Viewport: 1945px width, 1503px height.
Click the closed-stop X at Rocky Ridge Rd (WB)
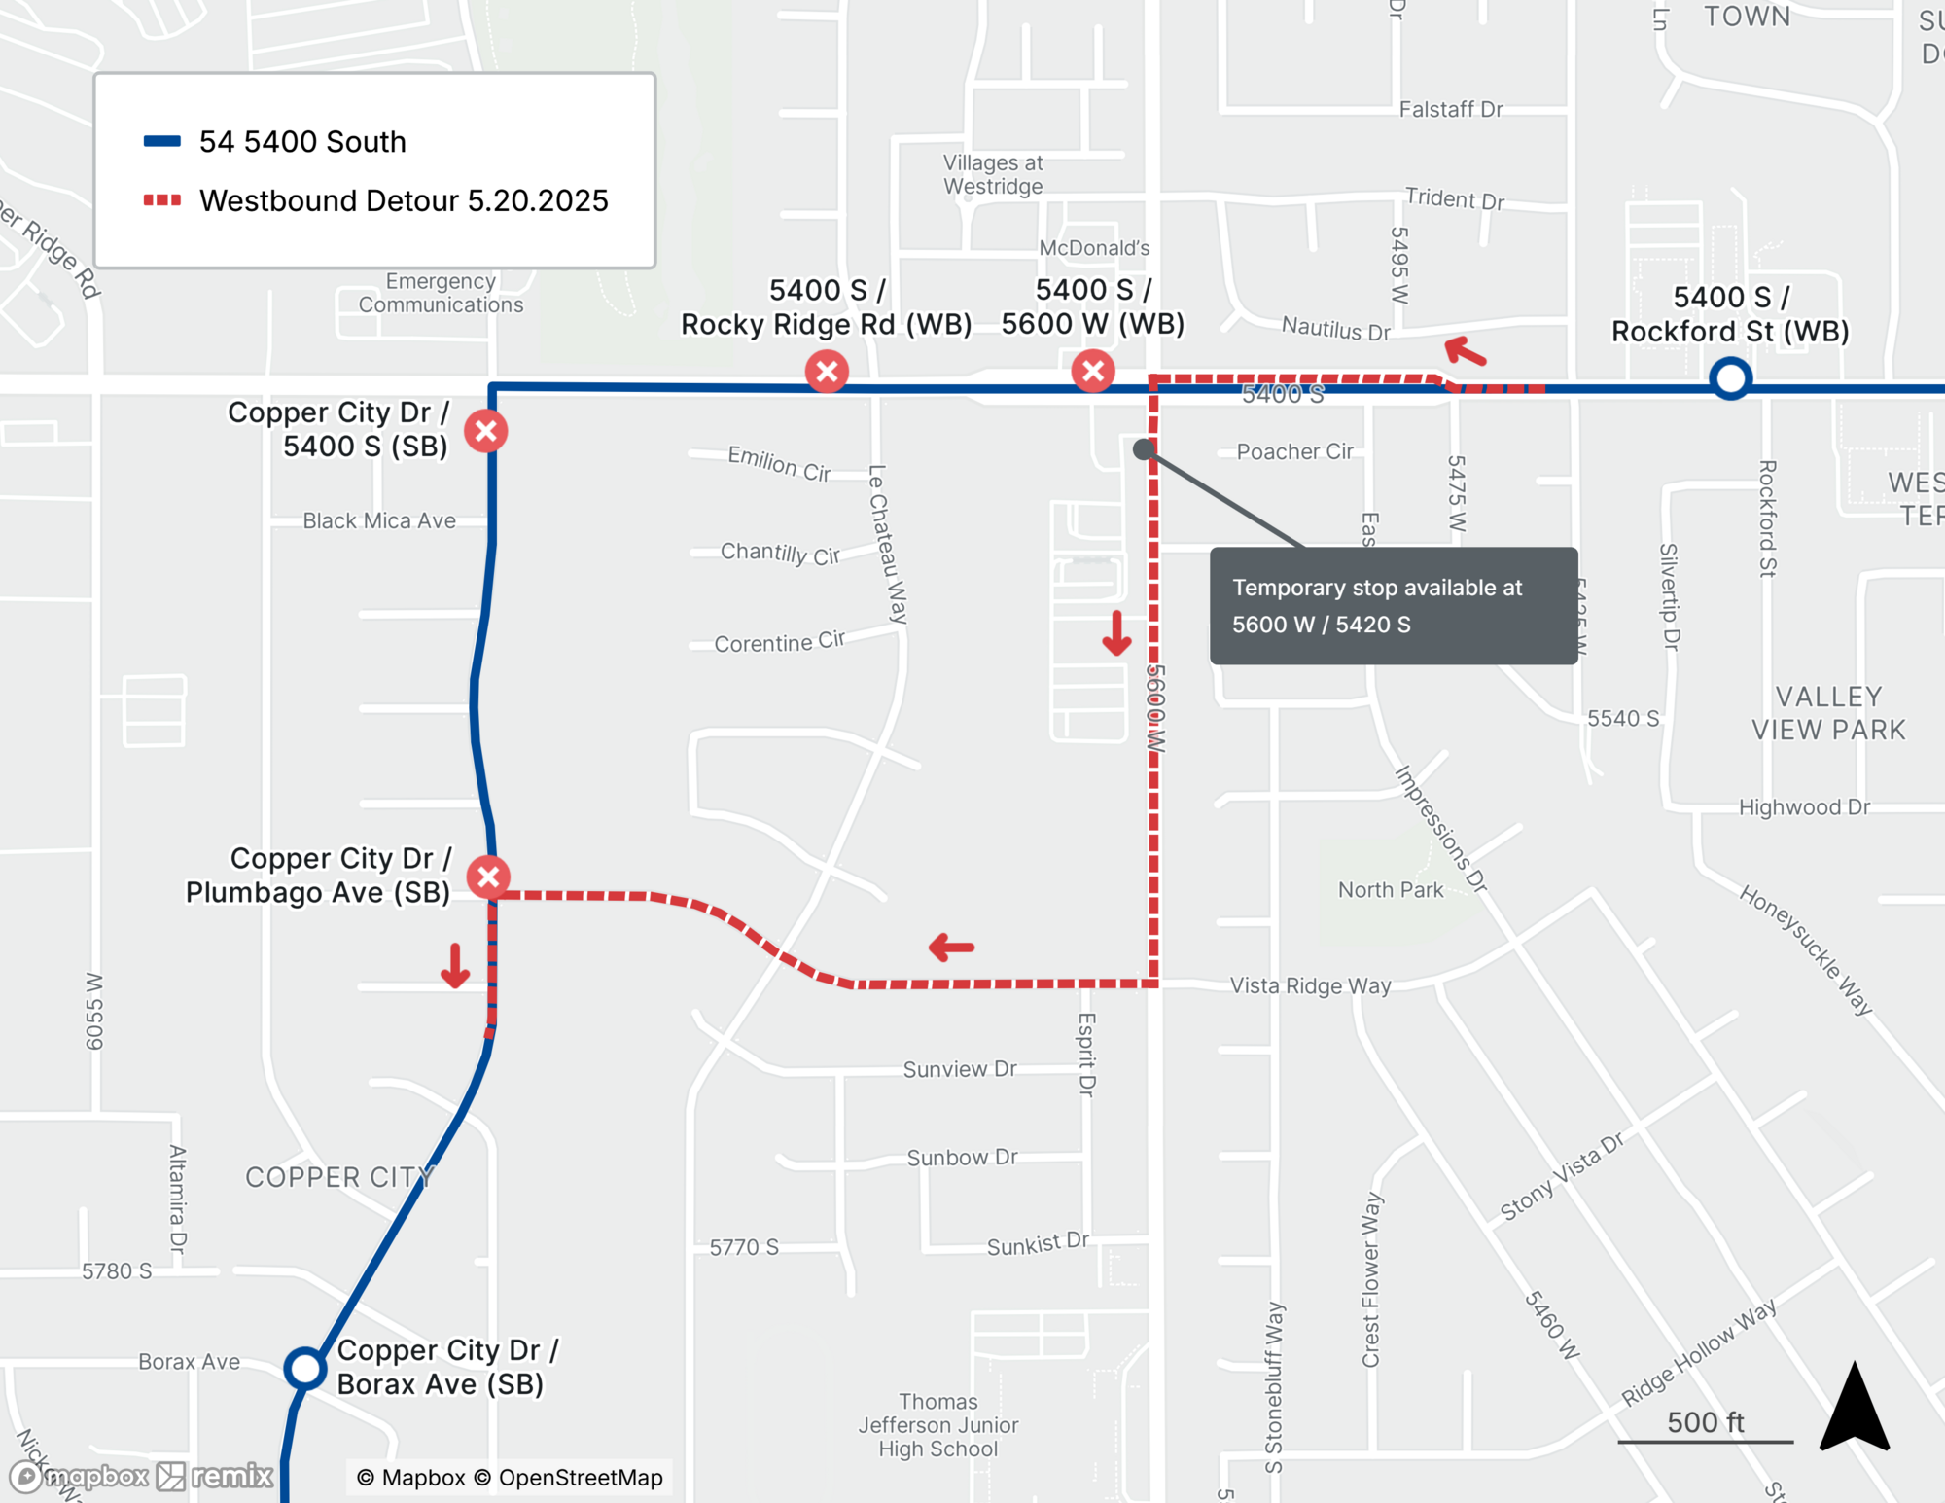[827, 371]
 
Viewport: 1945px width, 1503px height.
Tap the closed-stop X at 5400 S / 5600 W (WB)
[1093, 371]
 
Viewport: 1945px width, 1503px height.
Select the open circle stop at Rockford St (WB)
[1731, 378]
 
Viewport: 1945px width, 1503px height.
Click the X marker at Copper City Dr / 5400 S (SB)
[486, 431]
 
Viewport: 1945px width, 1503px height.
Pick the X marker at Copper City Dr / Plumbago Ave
[488, 877]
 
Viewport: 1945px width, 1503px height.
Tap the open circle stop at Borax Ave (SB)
[304, 1368]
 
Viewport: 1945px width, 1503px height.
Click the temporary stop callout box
[1393, 605]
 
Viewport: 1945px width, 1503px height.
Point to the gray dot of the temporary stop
[1144, 448]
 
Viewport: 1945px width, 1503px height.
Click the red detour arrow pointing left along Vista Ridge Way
[951, 947]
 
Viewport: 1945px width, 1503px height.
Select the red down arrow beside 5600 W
[1116, 633]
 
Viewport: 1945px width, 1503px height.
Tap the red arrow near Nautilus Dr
[1465, 351]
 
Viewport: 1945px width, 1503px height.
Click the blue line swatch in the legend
[162, 141]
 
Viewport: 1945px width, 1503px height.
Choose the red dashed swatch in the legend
[162, 200]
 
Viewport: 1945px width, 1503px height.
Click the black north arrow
[1855, 1409]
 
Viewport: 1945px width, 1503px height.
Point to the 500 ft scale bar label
[1705, 1422]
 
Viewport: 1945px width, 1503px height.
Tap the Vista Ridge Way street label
[1310, 985]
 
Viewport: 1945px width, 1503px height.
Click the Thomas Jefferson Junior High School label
[937, 1425]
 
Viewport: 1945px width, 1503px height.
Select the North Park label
[1390, 889]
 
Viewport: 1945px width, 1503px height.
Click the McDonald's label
[1094, 248]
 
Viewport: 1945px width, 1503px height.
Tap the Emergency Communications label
[441, 293]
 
